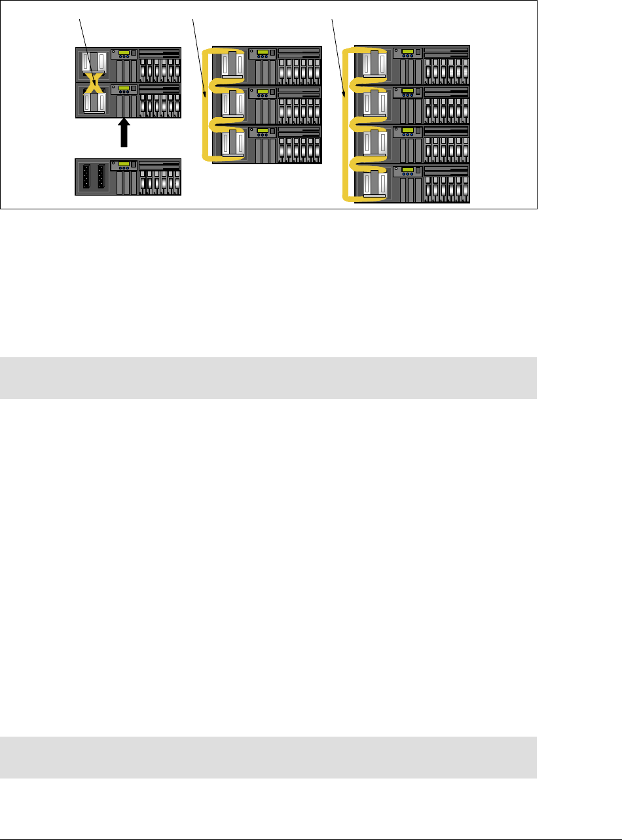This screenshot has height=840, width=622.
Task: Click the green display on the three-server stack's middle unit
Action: point(263,90)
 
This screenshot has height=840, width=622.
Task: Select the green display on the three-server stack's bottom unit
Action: point(263,130)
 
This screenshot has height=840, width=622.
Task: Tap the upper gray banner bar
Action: point(268,377)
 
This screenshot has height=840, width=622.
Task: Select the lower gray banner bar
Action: point(268,757)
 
